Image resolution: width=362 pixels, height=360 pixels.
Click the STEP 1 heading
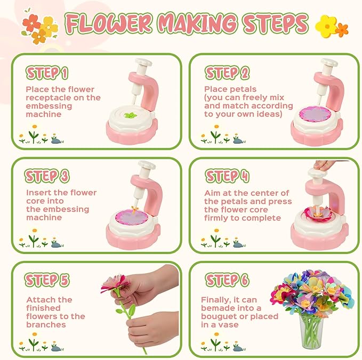[x=47, y=73]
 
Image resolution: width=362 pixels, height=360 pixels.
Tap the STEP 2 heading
[x=227, y=73]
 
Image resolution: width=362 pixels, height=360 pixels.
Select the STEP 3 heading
[x=47, y=176]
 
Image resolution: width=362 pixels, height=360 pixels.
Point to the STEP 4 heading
[x=227, y=176]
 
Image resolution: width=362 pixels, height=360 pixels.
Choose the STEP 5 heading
[x=47, y=280]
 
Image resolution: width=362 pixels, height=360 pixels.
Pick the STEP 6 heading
[x=227, y=280]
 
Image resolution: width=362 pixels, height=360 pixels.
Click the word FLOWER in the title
[x=109, y=23]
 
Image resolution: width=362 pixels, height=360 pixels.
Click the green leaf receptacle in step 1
[x=131, y=115]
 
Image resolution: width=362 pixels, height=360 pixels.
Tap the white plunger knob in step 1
[x=143, y=62]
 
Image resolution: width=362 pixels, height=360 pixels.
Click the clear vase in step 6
[x=311, y=332]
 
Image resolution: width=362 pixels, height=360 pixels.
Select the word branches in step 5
[x=46, y=325]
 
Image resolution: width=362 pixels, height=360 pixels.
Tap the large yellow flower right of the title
[x=326, y=26]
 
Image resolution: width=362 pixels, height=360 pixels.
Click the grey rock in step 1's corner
[x=57, y=141]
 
